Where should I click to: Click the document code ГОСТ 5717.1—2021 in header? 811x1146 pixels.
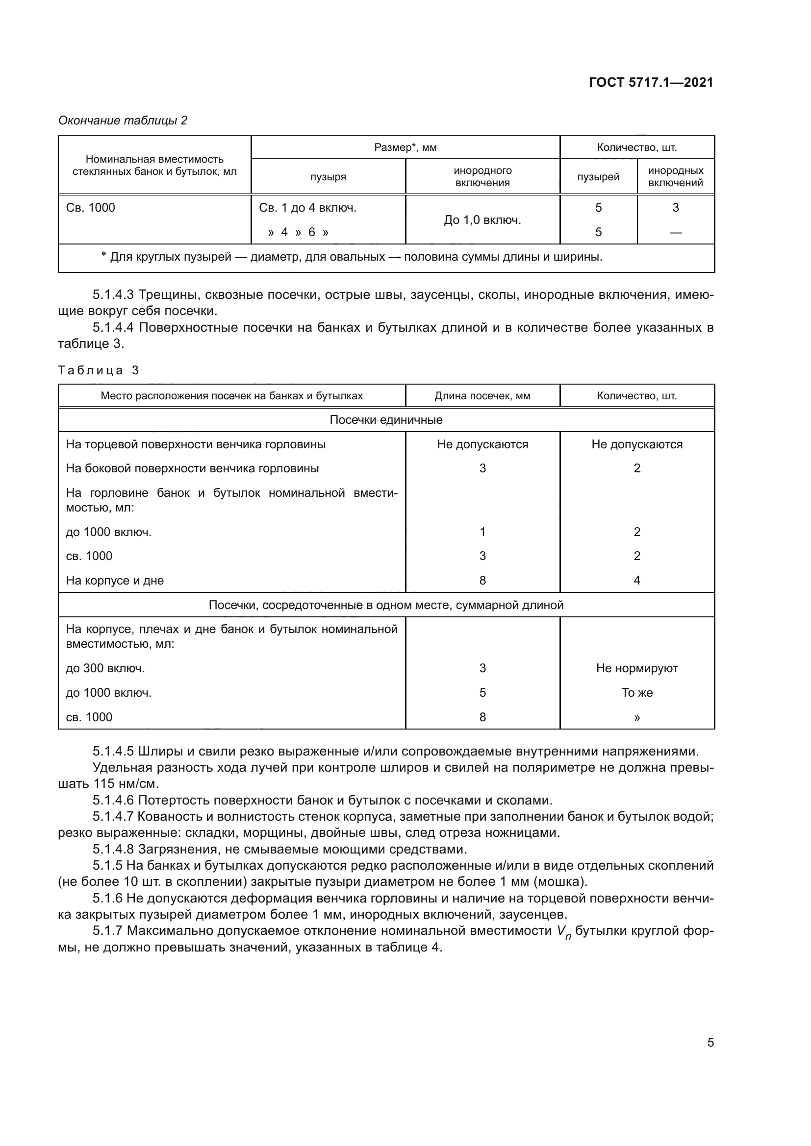tap(651, 82)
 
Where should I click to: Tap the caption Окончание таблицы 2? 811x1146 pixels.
tap(123, 121)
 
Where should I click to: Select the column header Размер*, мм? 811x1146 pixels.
tap(405, 147)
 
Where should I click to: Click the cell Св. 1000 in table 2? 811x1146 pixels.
tap(90, 208)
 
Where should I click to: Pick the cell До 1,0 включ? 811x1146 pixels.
tap(482, 220)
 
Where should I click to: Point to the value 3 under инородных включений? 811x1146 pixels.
tap(675, 208)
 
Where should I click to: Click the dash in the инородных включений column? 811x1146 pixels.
tap(675, 232)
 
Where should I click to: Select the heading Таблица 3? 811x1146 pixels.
tap(99, 370)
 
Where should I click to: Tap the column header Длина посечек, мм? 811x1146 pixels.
tap(482, 396)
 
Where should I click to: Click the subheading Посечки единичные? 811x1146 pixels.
tap(385, 420)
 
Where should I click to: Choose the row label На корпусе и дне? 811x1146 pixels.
tap(115, 581)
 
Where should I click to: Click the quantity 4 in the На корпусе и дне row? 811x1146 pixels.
tap(637, 581)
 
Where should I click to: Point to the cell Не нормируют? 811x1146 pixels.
tap(637, 668)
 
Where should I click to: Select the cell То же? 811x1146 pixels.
tap(637, 693)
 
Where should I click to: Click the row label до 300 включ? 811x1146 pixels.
tap(105, 668)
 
